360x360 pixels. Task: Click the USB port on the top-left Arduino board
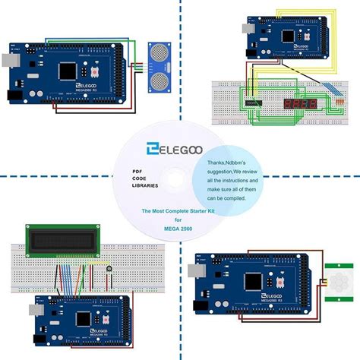11,58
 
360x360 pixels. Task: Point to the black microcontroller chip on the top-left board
67,70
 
